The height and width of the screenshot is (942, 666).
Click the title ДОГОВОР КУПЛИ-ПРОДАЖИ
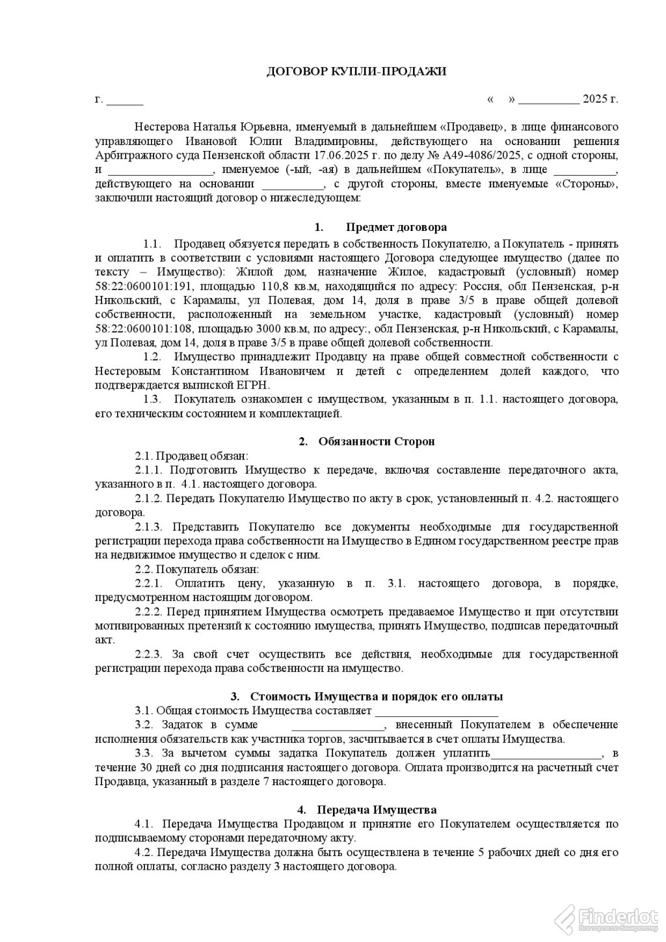pyautogui.click(x=356, y=72)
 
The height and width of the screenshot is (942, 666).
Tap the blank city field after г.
pyautogui.click(x=124, y=100)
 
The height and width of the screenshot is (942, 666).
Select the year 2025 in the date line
pyautogui.click(x=594, y=100)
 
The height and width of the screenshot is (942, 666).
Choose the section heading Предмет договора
pyautogui.click(x=396, y=228)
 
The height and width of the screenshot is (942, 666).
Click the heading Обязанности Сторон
pyautogui.click(x=376, y=441)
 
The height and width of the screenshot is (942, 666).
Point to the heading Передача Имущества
pyautogui.click(x=376, y=810)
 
